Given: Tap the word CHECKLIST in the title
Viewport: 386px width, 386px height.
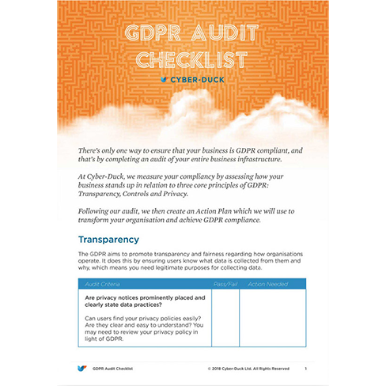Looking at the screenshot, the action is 193,59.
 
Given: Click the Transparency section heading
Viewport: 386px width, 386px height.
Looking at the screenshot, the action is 108,239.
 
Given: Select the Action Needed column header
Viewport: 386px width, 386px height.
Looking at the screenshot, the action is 267,283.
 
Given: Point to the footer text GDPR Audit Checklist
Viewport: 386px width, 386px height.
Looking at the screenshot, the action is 112,369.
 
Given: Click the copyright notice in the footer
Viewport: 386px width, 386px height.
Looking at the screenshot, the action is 248,369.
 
